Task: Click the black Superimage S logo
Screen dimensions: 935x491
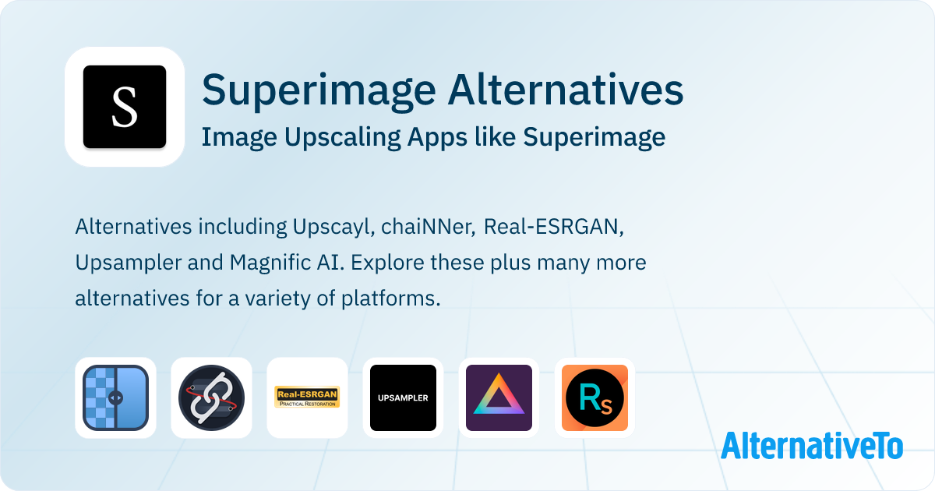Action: pyautogui.click(x=125, y=107)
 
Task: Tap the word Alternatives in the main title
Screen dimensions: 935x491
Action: pyautogui.click(x=566, y=90)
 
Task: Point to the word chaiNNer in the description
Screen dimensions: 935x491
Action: pyautogui.click(x=429, y=227)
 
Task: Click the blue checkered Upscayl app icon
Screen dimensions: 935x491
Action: pyautogui.click(x=115, y=397)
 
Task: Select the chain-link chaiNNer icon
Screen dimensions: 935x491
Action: pyautogui.click(x=211, y=397)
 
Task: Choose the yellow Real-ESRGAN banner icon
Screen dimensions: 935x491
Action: pyautogui.click(x=307, y=397)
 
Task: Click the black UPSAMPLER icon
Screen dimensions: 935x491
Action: pyautogui.click(x=404, y=397)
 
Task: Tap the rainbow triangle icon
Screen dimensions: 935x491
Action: pyautogui.click(x=499, y=397)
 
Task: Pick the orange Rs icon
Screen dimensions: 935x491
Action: pyautogui.click(x=595, y=397)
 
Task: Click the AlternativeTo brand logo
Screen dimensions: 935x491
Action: pyautogui.click(x=812, y=446)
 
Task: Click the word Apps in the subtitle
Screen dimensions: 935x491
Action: pyautogui.click(x=437, y=138)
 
